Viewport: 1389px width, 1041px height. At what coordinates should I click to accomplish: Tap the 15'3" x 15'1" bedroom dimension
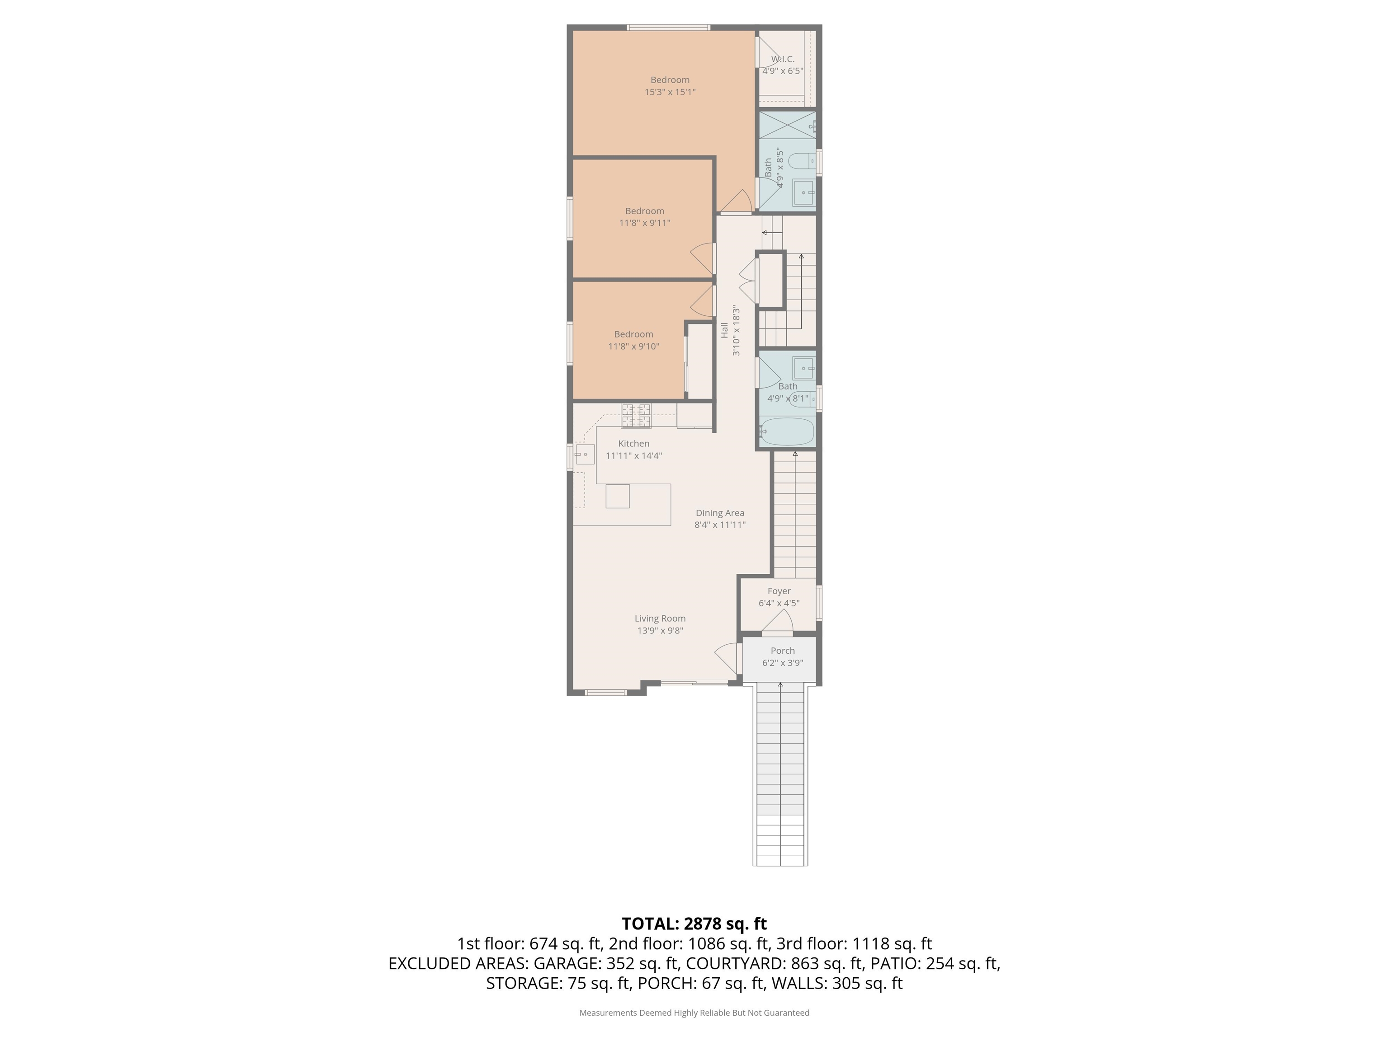(x=670, y=92)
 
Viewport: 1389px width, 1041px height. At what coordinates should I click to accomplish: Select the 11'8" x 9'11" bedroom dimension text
(x=645, y=223)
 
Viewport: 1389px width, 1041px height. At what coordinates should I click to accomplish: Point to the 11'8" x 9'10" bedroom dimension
(x=633, y=347)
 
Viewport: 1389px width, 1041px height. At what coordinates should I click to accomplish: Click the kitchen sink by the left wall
(x=585, y=454)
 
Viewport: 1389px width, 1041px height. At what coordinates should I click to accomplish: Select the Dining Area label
(x=720, y=513)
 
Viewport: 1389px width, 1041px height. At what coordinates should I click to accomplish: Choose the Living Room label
(x=660, y=619)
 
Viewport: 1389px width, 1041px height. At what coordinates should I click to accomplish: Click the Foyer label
(x=779, y=591)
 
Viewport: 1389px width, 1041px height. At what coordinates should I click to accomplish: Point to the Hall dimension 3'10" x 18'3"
(x=736, y=331)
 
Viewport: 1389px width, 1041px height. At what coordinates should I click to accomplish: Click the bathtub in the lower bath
(x=787, y=431)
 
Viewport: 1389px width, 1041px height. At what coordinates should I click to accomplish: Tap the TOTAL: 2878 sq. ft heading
(x=694, y=924)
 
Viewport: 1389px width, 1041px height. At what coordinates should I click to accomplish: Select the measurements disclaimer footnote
(x=694, y=1013)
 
